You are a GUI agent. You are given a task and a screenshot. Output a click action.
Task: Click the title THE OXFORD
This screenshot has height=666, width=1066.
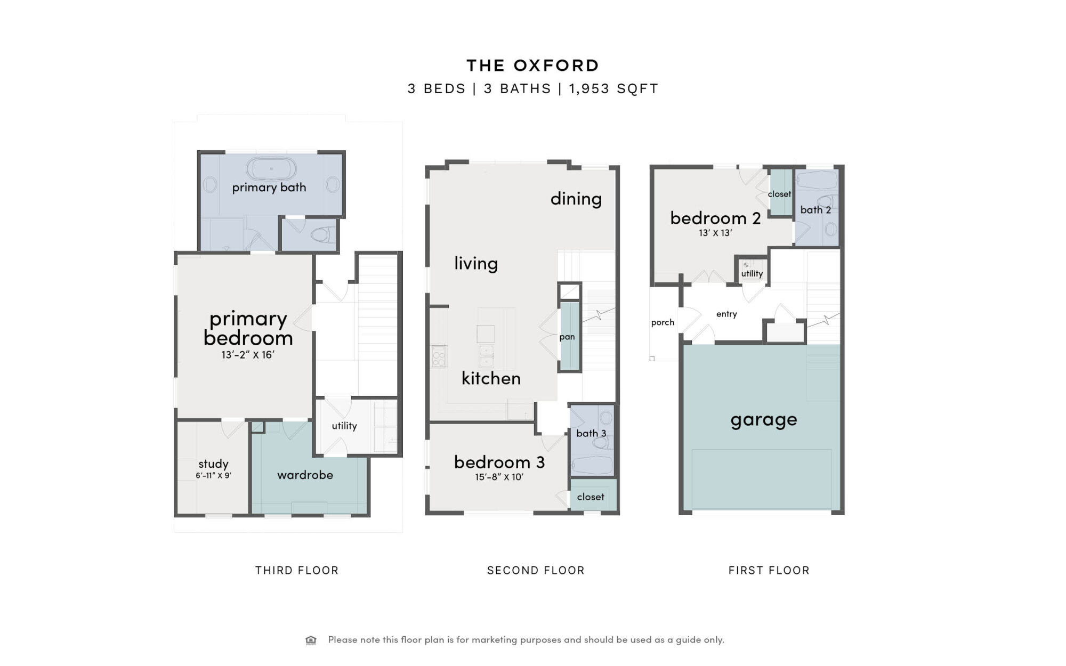click(533, 66)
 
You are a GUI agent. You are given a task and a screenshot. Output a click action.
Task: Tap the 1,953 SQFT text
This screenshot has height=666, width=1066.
click(614, 88)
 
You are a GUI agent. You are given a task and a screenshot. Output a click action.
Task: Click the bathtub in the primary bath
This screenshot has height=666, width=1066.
click(271, 169)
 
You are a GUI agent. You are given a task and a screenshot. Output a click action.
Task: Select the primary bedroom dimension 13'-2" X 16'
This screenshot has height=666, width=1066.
click(248, 355)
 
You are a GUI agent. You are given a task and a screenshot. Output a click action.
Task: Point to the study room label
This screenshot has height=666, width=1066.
click(213, 464)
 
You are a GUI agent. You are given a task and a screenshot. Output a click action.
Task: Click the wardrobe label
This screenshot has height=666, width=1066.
click(305, 475)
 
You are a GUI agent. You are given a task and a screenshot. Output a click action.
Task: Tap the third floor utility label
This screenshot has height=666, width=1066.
click(344, 426)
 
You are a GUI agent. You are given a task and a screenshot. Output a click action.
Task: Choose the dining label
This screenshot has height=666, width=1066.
click(576, 199)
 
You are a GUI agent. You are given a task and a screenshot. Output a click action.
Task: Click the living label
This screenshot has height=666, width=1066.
click(476, 263)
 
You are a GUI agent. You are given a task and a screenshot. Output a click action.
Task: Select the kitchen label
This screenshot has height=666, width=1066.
click(491, 378)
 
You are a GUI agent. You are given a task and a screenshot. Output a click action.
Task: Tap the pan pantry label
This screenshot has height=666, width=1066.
click(567, 337)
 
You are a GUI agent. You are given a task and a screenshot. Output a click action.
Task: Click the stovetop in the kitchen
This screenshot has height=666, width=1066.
click(439, 356)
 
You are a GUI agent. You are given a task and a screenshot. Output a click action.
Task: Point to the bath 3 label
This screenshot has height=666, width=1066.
click(591, 433)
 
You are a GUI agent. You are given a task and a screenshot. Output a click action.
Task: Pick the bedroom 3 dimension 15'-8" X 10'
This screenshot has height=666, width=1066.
click(499, 477)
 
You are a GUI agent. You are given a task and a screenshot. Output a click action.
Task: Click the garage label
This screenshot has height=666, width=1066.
click(764, 420)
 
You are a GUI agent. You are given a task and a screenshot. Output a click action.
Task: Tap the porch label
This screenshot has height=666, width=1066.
click(663, 322)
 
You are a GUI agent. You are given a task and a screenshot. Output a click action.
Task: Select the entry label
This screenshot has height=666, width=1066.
click(726, 314)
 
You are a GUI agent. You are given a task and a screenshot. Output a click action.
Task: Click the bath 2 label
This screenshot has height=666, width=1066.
click(815, 210)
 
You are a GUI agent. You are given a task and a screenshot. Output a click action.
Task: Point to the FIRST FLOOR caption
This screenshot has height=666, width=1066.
click(769, 571)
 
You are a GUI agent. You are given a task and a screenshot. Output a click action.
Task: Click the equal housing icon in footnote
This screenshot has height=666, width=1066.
click(311, 640)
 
